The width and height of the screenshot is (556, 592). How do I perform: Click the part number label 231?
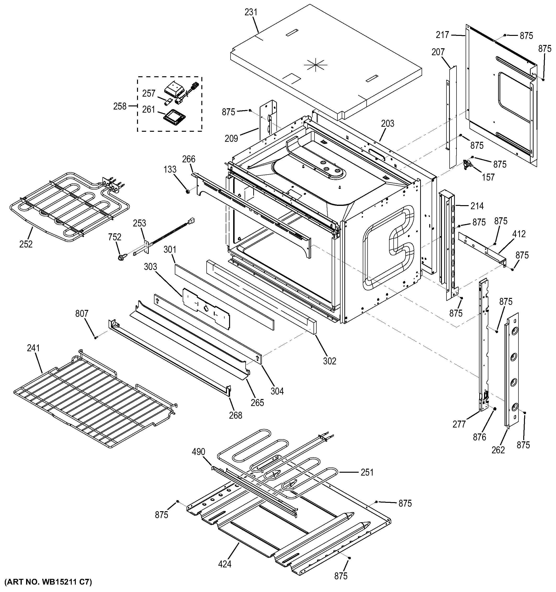point(251,12)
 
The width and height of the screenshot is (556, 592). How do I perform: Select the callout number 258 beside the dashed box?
point(120,106)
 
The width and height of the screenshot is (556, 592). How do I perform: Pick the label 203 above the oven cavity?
point(387,124)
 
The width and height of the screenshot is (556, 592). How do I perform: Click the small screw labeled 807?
point(96,337)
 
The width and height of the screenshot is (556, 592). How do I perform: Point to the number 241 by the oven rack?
point(33,348)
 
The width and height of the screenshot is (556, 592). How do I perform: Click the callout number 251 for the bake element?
point(367,472)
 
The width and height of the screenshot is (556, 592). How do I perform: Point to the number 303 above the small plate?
point(150,267)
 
